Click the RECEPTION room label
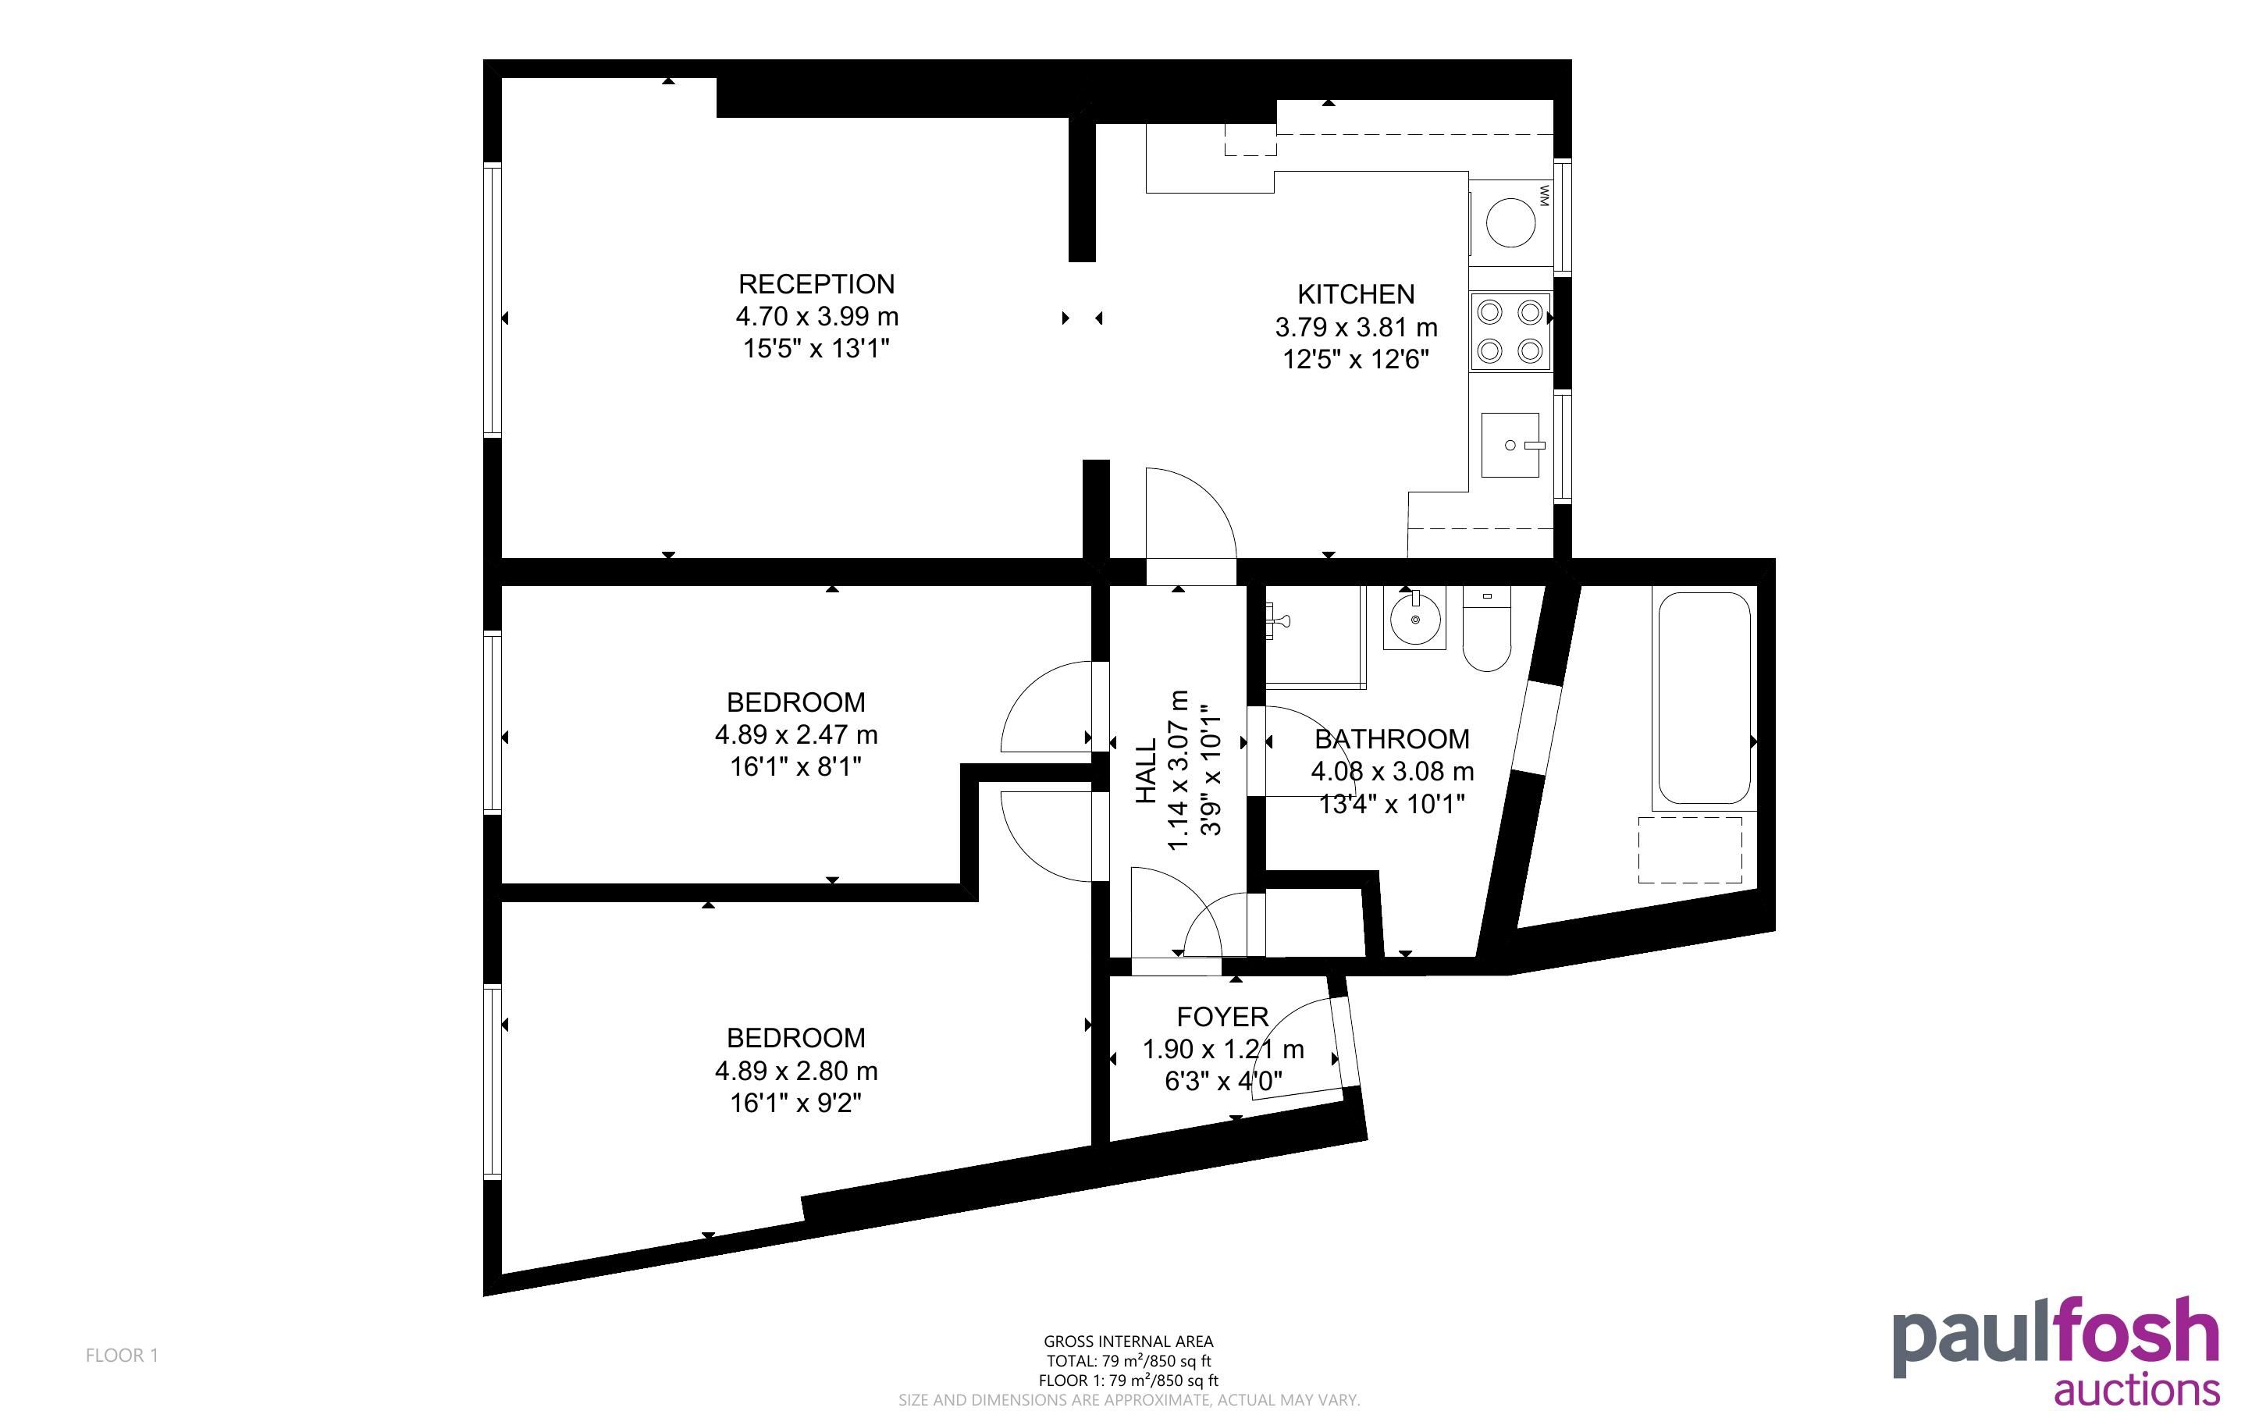pyautogui.click(x=816, y=284)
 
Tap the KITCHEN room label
pyautogui.click(x=1356, y=294)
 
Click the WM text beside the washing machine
pyautogui.click(x=1543, y=196)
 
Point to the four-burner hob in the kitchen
pyautogui.click(x=1510, y=331)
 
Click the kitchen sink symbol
pyautogui.click(x=1510, y=445)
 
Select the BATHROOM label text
pyautogui.click(x=1392, y=739)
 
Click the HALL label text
pyautogui.click(x=1146, y=771)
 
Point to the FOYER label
pyautogui.click(x=1222, y=1016)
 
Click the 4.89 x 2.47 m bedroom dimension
pyautogui.click(x=796, y=735)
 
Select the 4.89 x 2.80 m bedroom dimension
pyautogui.click(x=796, y=1071)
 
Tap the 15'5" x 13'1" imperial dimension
pyautogui.click(x=816, y=349)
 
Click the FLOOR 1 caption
pyautogui.click(x=123, y=1355)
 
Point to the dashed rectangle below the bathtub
pyautogui.click(x=1691, y=850)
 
